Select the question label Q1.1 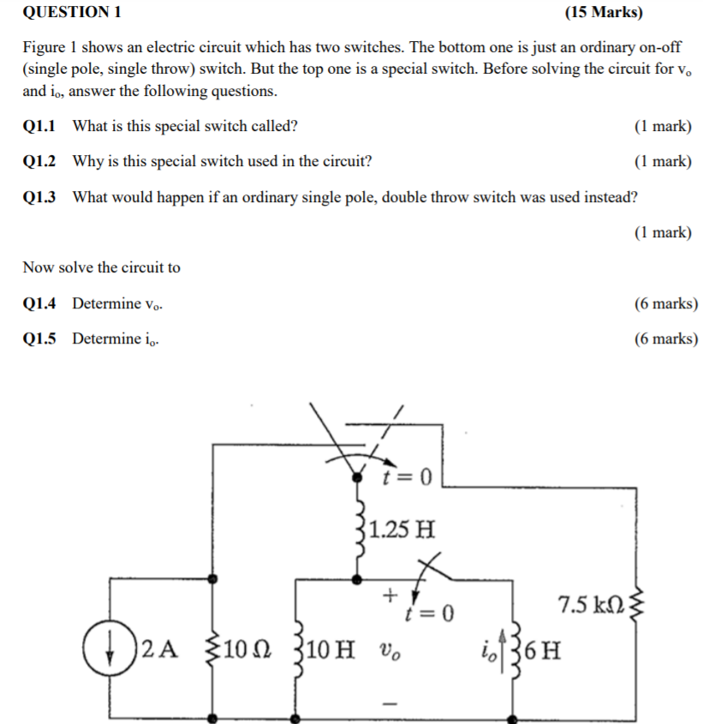pyautogui.click(x=39, y=126)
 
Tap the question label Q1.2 pyautogui.click(x=39, y=161)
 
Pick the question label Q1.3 pyautogui.click(x=39, y=197)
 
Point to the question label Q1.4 pyautogui.click(x=39, y=303)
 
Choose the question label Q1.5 pyautogui.click(x=39, y=338)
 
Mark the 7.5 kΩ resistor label pyautogui.click(x=589, y=605)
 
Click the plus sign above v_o pyautogui.click(x=390, y=593)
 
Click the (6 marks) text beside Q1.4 pyautogui.click(x=665, y=303)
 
